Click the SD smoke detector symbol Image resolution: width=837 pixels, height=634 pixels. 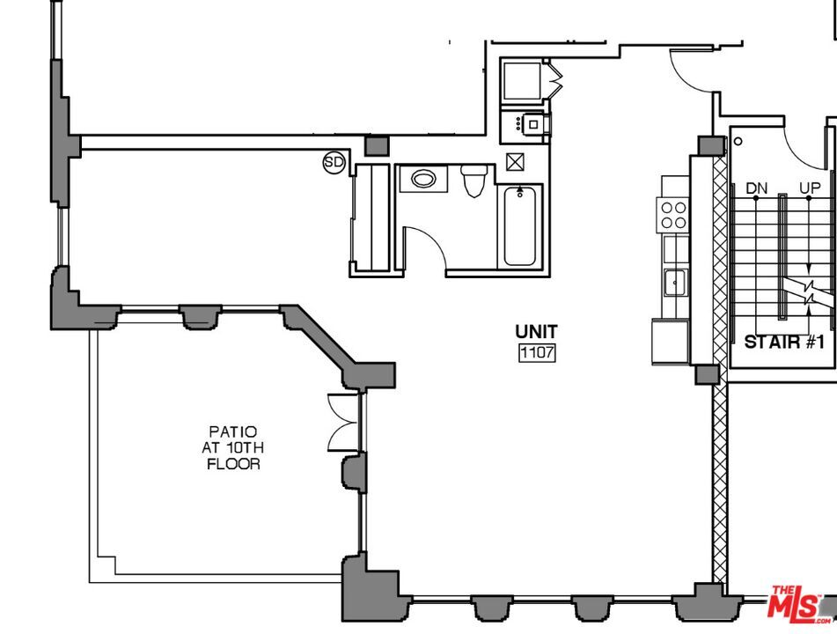tap(334, 162)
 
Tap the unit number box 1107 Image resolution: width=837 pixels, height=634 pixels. tap(537, 353)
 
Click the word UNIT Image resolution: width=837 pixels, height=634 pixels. tap(537, 332)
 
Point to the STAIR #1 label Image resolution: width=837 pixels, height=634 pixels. tap(785, 342)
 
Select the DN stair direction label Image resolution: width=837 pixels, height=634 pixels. tap(756, 188)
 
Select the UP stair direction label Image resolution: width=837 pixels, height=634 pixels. tap(810, 188)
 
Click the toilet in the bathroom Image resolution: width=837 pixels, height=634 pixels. tap(474, 180)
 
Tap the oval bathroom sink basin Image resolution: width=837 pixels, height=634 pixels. tap(424, 179)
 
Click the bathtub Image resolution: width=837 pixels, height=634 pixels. tap(519, 226)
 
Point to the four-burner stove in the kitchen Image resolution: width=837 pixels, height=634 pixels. tap(673, 215)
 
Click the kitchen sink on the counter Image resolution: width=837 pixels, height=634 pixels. tap(676, 282)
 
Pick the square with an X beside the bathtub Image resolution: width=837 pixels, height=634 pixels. tap(515, 161)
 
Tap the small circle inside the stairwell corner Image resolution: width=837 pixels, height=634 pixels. tap(738, 141)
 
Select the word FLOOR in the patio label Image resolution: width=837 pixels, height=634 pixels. tap(233, 464)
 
